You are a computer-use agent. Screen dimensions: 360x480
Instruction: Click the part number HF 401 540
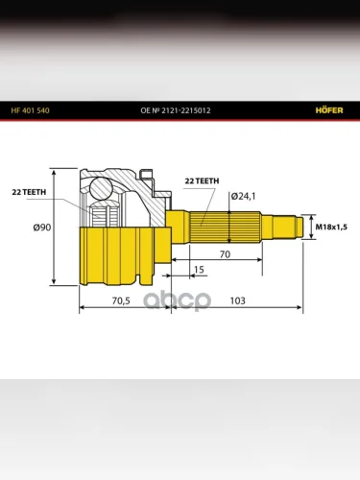click(x=30, y=110)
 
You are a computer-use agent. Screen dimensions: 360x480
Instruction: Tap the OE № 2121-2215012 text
click(x=176, y=110)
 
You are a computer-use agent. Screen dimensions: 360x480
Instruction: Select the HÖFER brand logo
click(x=329, y=110)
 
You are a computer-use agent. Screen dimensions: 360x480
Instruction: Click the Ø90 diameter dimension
click(x=42, y=228)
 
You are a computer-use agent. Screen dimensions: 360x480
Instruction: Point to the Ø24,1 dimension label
click(x=243, y=196)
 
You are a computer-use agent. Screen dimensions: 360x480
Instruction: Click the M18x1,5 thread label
click(x=331, y=227)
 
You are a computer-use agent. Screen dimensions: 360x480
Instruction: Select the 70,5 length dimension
click(x=121, y=300)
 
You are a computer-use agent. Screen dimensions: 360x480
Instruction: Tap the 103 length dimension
click(x=237, y=300)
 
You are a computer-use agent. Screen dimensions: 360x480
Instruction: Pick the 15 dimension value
click(x=199, y=270)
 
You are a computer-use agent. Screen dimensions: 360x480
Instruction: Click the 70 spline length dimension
click(x=225, y=254)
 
